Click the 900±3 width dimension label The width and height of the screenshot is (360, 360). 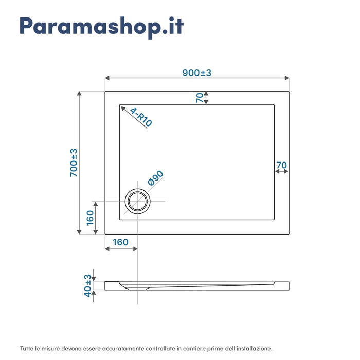click(197, 73)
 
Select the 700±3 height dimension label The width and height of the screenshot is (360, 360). click(74, 163)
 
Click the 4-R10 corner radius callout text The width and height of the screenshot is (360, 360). click(141, 117)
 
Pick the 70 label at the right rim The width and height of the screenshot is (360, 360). click(281, 165)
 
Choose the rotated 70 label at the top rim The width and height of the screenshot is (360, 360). click(200, 98)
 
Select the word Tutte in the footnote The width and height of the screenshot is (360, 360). click(27, 348)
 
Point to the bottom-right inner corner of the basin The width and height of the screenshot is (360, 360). click(274, 219)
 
